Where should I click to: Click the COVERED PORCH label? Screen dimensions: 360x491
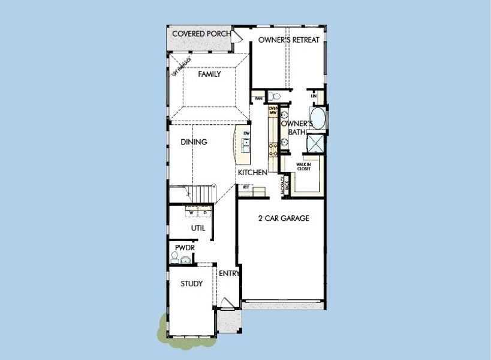pos(200,33)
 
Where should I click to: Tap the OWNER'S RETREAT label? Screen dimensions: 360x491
pos(288,40)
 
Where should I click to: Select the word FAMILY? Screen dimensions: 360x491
pos(209,74)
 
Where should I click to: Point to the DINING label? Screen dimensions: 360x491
pos(194,142)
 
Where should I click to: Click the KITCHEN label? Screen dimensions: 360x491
pos(252,172)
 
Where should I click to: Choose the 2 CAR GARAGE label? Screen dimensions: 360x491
pos(284,218)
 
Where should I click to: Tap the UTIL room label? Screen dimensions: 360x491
pos(198,228)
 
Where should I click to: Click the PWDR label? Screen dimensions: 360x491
pos(183,247)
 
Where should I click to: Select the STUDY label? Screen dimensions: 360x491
pos(191,284)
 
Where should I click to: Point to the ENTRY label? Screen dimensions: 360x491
pos(229,274)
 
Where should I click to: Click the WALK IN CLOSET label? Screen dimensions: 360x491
pos(303,167)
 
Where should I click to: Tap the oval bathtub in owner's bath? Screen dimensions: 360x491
pos(318,118)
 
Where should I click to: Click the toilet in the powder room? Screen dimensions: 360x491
pos(175,258)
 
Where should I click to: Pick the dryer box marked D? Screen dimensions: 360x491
pos(205,212)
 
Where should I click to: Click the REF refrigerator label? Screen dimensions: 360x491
pos(245,187)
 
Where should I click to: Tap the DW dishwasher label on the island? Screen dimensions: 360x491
pos(246,133)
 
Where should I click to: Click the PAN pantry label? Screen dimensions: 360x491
pos(259,98)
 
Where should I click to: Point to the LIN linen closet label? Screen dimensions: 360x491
pos(313,95)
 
